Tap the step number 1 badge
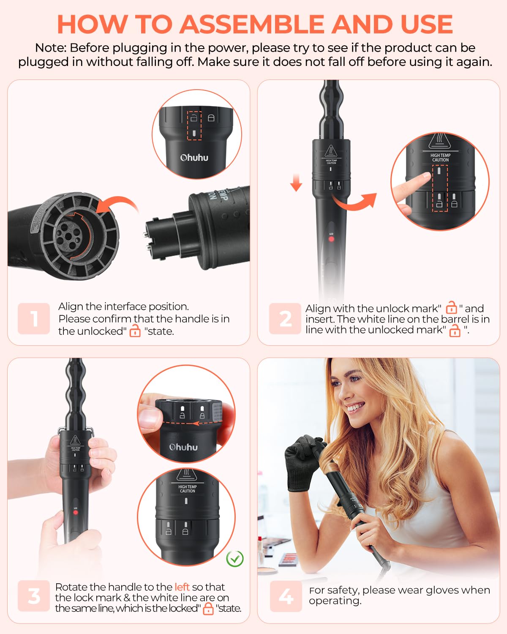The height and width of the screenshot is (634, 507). click(34, 319)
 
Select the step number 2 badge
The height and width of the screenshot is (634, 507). click(285, 319)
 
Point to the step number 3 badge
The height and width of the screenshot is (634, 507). click(34, 596)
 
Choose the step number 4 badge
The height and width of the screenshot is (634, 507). click(286, 596)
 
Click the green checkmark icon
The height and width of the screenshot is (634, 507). click(235, 558)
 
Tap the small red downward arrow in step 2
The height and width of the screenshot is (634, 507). click(296, 183)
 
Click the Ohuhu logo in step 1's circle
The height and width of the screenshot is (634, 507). click(194, 158)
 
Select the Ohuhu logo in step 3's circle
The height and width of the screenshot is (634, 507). click(183, 447)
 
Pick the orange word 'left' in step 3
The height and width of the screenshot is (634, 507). click(182, 587)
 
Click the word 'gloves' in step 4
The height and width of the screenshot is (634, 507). click(450, 590)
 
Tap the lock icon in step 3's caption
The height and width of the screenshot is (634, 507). click(208, 609)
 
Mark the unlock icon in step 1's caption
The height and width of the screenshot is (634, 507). click(135, 331)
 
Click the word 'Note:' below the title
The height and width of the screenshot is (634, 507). click(51, 48)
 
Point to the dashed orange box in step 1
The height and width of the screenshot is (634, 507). click(194, 126)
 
